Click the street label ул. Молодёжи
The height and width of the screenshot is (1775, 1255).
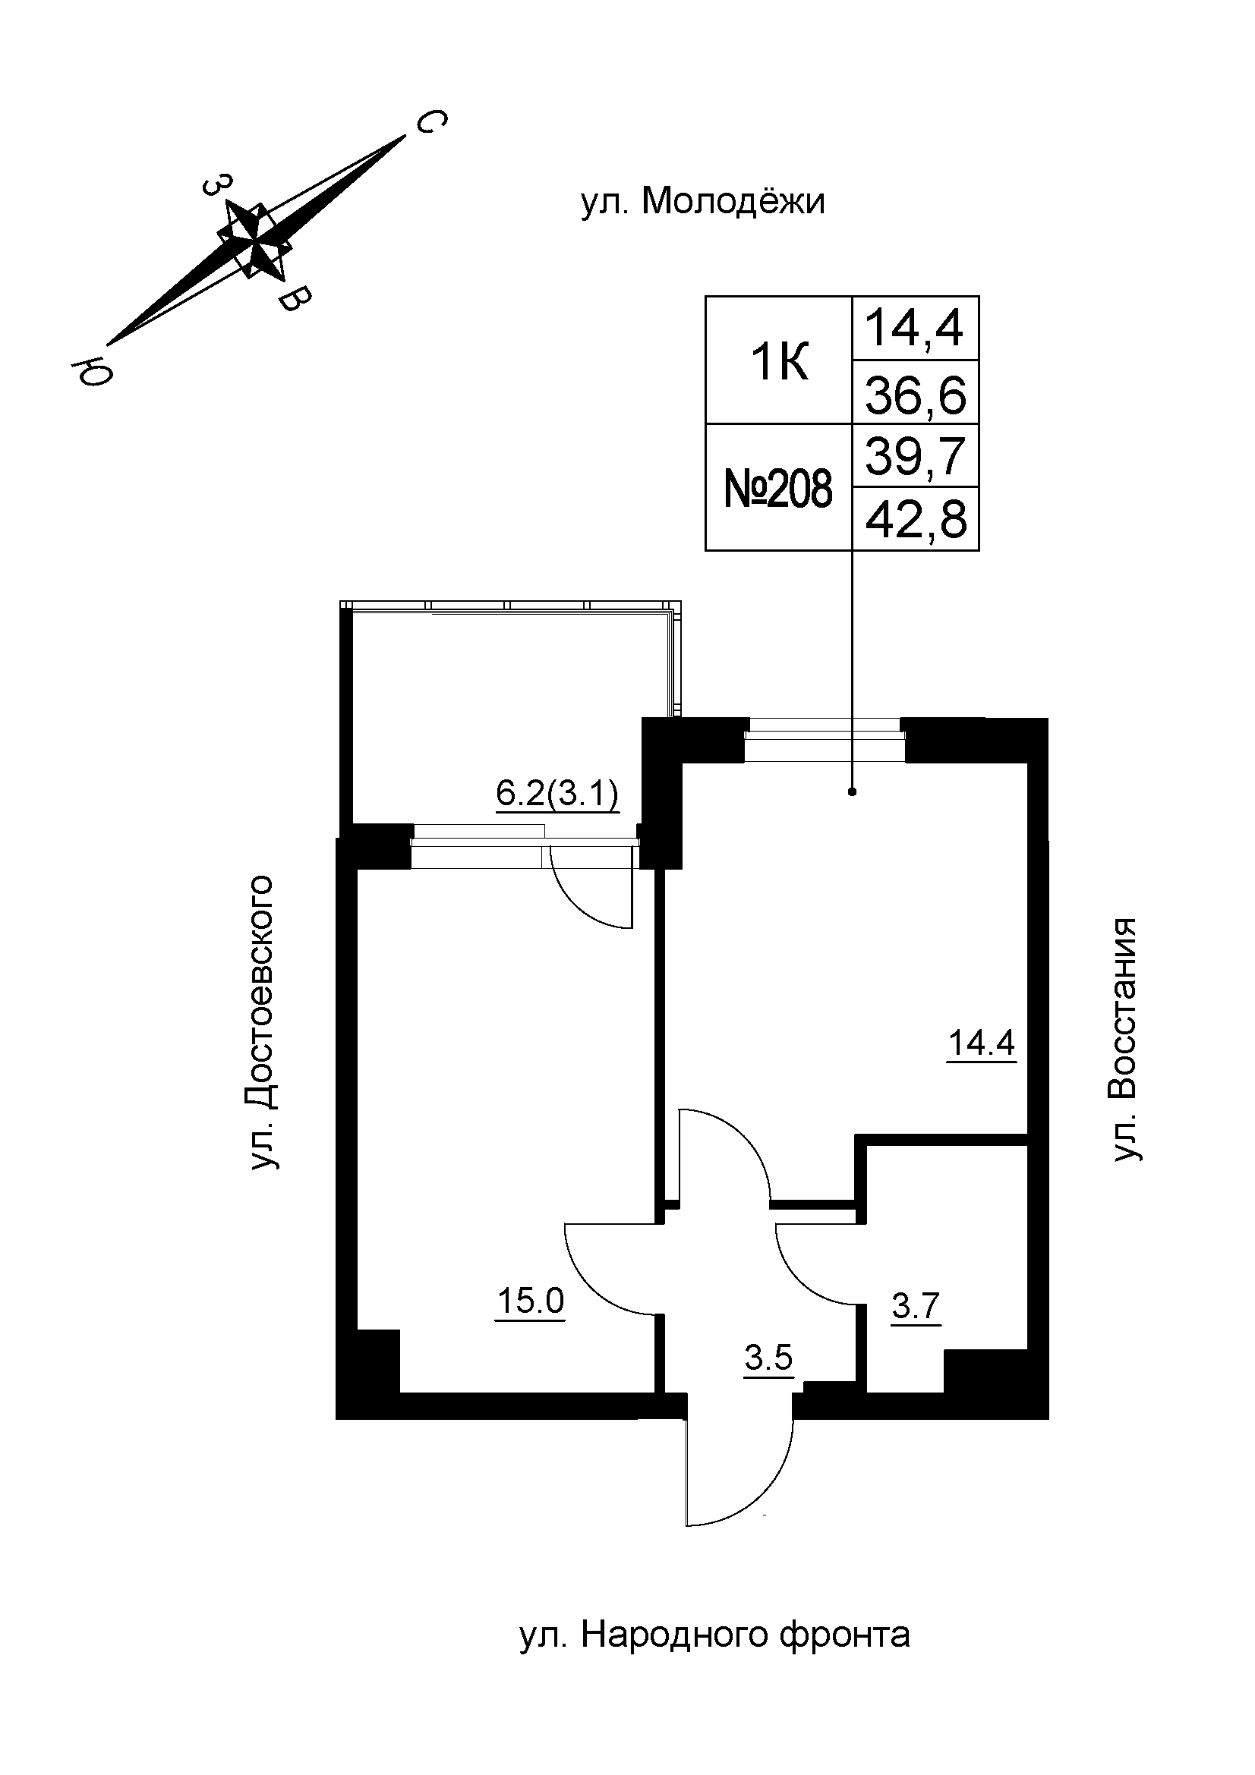[x=702, y=203]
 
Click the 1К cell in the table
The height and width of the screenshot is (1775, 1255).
[x=779, y=362]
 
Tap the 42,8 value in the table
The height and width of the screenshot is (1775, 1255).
[x=916, y=521]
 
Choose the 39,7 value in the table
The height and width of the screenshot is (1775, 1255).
[x=916, y=456]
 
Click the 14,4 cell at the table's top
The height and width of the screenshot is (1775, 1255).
[x=916, y=329]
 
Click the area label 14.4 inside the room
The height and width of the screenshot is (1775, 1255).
[x=981, y=1043]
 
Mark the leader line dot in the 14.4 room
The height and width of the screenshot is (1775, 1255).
[x=852, y=792]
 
